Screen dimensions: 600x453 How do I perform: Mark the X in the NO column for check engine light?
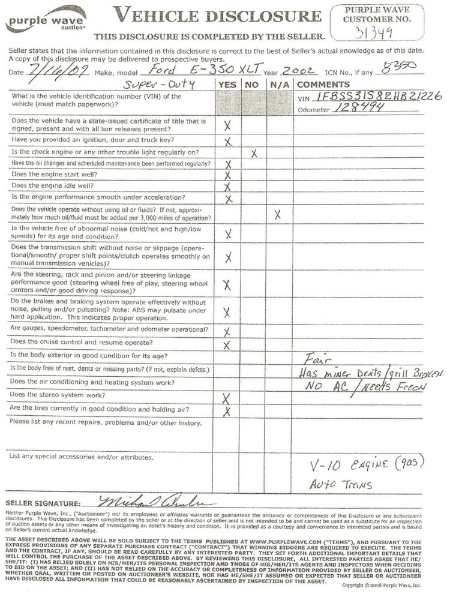254,154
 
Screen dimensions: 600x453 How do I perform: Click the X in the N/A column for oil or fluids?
277,214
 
